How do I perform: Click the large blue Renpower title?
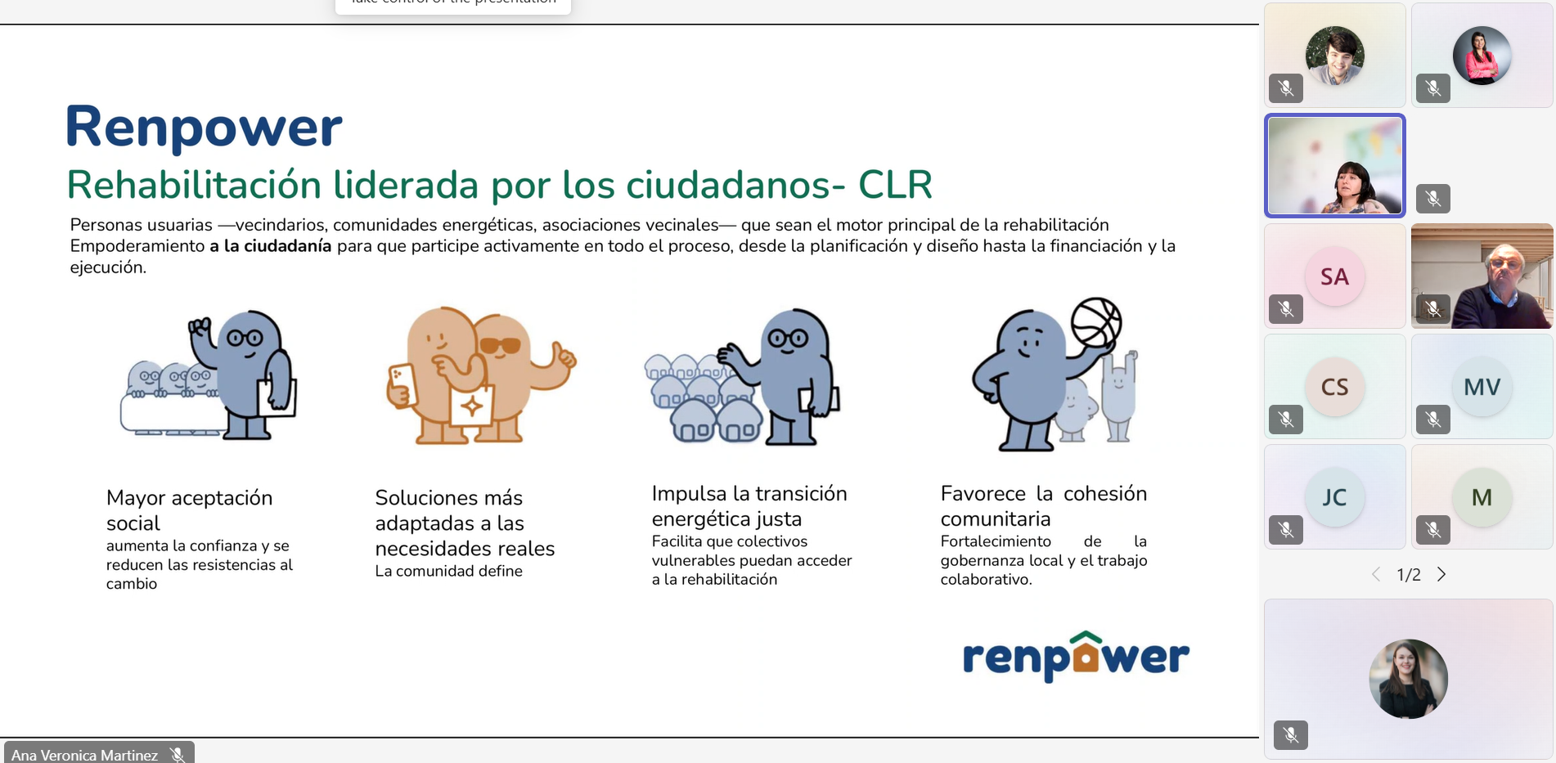tap(204, 128)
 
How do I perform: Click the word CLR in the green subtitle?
tap(895, 185)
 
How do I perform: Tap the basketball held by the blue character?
tap(1096, 322)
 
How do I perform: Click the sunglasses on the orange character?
tap(500, 345)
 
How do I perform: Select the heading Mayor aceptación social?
tap(189, 510)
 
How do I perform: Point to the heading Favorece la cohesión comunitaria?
tap(1043, 505)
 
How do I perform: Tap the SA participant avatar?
tap(1334, 276)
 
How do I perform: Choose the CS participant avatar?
tap(1334, 387)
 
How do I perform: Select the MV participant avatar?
tap(1482, 387)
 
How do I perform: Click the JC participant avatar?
tap(1334, 497)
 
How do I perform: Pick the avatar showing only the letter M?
tap(1482, 497)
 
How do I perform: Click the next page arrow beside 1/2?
tap(1441, 574)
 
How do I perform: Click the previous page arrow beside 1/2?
tap(1376, 574)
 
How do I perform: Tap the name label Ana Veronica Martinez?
tap(84, 755)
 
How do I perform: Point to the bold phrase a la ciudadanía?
tap(271, 246)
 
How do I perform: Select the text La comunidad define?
tap(448, 571)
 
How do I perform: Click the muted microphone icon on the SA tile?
tap(1285, 308)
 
